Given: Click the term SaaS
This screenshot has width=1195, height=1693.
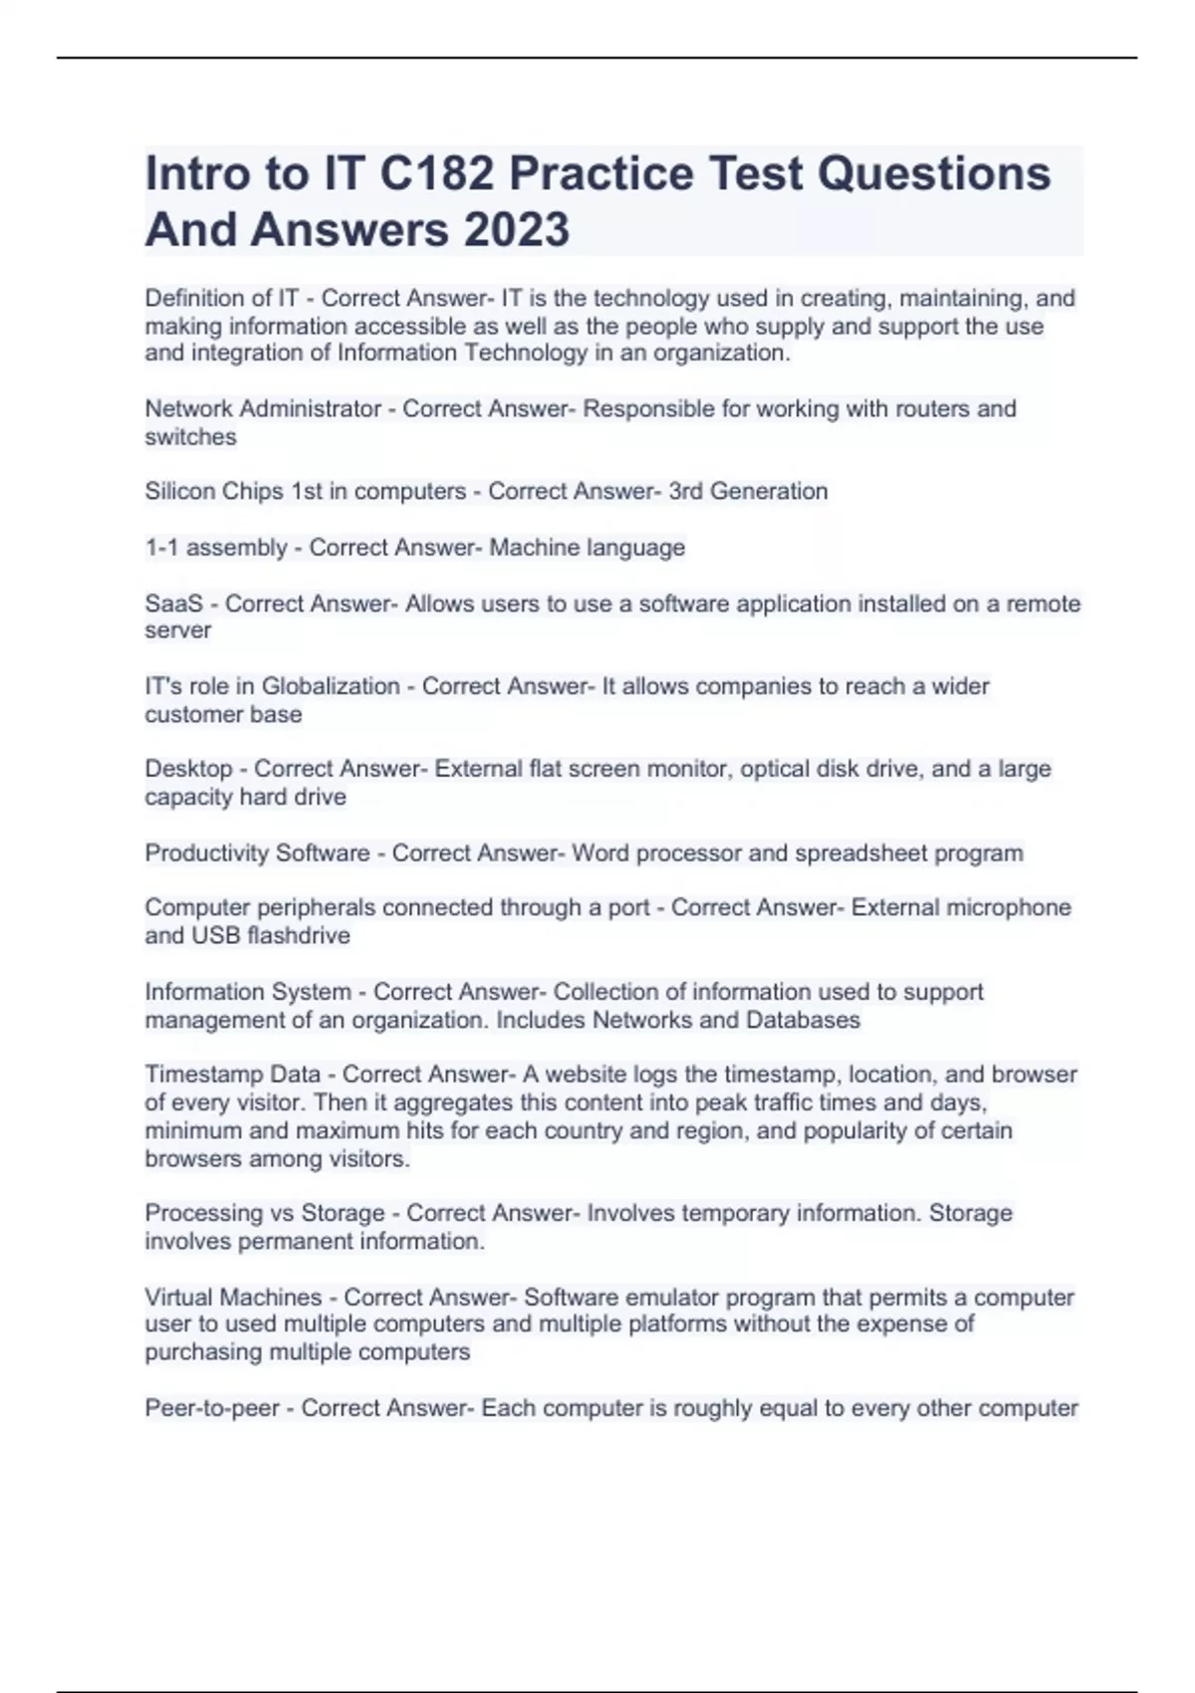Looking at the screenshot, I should tap(173, 604).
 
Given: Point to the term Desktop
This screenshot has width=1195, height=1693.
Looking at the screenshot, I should tap(188, 769).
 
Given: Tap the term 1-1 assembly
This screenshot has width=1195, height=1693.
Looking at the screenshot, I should tap(216, 548).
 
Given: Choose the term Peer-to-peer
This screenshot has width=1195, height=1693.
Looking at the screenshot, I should tap(212, 1408).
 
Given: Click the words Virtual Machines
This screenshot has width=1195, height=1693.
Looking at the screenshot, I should tap(233, 1298).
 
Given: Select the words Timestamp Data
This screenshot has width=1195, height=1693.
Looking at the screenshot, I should tap(232, 1075).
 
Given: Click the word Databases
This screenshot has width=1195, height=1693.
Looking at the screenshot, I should tap(803, 1020).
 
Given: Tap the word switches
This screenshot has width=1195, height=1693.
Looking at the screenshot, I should tap(190, 437).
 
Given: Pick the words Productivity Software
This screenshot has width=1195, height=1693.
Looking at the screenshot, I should tap(257, 853).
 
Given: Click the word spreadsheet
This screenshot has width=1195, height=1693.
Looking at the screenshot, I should tap(850, 853).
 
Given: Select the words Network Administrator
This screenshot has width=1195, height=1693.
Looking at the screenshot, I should tap(263, 409).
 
